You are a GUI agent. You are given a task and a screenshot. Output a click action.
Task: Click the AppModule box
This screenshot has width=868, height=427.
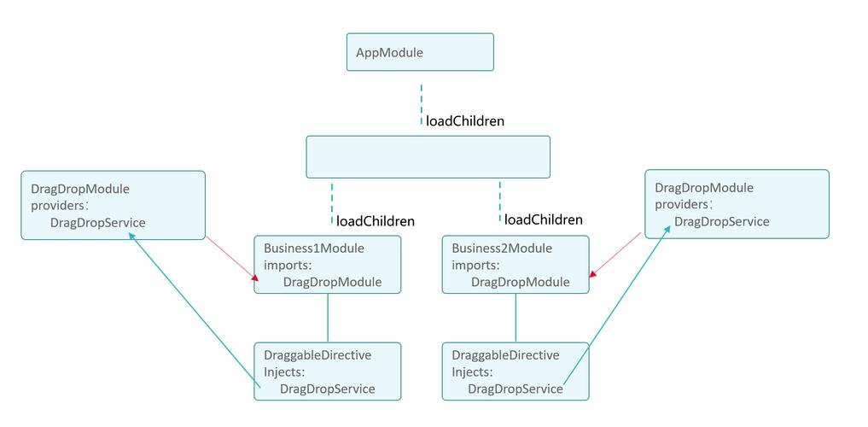click(420, 52)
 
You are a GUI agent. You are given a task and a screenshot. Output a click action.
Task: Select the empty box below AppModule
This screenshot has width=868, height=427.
click(428, 157)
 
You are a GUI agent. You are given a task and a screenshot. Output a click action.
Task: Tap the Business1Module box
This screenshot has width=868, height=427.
click(327, 265)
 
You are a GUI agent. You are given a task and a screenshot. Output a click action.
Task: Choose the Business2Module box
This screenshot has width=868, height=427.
click(516, 265)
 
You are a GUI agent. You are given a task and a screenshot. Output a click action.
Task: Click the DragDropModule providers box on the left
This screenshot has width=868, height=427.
click(113, 205)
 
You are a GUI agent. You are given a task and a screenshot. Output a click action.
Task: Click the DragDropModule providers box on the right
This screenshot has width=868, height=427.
click(737, 204)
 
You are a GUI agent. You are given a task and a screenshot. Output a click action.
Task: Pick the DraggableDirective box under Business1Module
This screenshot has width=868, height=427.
click(327, 371)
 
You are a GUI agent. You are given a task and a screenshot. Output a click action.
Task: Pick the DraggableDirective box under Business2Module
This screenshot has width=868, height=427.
click(516, 371)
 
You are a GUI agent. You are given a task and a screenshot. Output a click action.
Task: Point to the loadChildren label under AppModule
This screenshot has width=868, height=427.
click(465, 121)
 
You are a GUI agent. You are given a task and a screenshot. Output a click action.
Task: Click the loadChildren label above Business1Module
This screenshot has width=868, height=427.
click(376, 221)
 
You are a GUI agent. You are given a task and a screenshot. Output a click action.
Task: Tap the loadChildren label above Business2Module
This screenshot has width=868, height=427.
click(544, 219)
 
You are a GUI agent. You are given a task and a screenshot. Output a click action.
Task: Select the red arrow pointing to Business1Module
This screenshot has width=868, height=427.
click(231, 258)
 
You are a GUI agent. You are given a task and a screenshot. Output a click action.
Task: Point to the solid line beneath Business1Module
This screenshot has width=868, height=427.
click(328, 318)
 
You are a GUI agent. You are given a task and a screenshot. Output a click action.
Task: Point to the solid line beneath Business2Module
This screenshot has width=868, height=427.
click(515, 318)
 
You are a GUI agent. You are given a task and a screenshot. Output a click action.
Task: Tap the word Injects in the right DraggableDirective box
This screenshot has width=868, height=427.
click(472, 372)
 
